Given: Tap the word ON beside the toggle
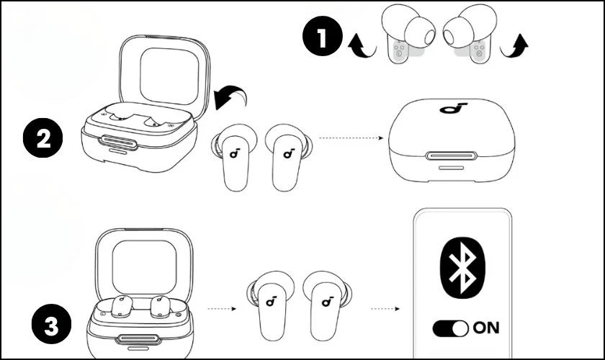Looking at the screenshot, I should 486,328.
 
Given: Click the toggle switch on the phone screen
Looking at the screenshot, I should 450,328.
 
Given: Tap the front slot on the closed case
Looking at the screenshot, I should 452,155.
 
